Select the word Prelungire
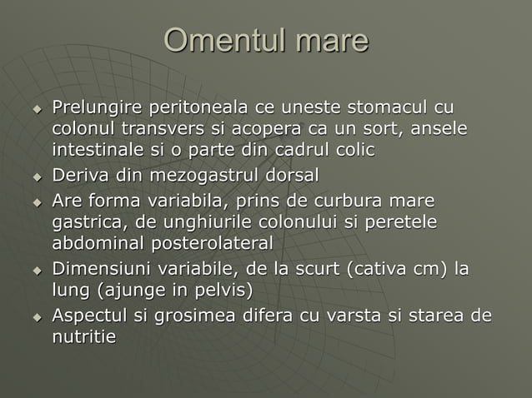click(x=97, y=109)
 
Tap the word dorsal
click(x=294, y=177)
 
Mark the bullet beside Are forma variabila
click(x=37, y=203)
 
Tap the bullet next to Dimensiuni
click(x=37, y=271)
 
